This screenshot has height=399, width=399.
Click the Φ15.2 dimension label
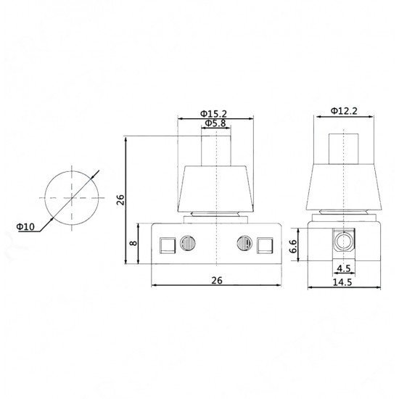tap(213, 113)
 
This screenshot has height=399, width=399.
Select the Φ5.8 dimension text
tap(215, 123)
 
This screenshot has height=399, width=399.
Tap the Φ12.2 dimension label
tap(344, 111)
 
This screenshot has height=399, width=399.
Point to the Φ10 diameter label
tap(25, 226)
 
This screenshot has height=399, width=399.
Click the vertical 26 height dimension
tap(120, 199)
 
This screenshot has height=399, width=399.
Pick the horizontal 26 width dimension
tap(217, 281)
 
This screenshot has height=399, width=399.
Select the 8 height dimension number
tap(133, 243)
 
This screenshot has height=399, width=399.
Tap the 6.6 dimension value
tap(293, 246)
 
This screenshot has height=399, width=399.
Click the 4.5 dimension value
tap(344, 268)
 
